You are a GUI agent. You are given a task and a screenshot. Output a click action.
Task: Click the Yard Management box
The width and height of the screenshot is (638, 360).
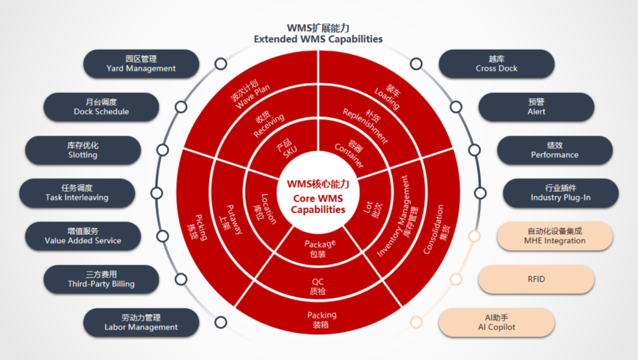click(141, 63)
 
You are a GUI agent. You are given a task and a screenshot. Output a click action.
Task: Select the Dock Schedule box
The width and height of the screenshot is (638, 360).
click(101, 106)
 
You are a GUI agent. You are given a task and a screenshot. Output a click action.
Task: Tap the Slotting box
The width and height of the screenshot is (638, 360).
click(83, 150)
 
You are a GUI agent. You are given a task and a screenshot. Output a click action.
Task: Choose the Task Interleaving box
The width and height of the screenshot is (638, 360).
click(77, 193)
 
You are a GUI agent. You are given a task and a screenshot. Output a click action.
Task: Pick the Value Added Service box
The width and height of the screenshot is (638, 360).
click(83, 236)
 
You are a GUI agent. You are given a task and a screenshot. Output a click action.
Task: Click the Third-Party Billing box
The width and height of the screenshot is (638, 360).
click(101, 279)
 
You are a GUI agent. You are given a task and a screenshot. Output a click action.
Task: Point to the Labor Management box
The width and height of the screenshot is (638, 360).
click(141, 322)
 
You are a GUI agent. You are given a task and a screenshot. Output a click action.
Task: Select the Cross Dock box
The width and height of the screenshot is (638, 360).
click(497, 63)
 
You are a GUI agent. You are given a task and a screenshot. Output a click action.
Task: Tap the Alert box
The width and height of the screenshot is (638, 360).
click(536, 106)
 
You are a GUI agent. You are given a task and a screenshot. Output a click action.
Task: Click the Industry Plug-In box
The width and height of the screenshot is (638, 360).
click(561, 193)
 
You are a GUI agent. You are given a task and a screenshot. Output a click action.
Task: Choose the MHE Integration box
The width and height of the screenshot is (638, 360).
click(555, 236)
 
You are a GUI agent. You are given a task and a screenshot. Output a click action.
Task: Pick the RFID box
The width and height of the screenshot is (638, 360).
click(536, 279)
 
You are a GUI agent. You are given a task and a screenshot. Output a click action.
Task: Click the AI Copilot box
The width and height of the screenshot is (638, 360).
click(497, 322)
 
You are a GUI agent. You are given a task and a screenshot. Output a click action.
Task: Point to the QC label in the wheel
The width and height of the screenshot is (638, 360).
click(318, 286)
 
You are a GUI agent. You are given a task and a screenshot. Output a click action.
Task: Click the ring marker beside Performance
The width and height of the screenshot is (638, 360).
click(473, 149)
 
